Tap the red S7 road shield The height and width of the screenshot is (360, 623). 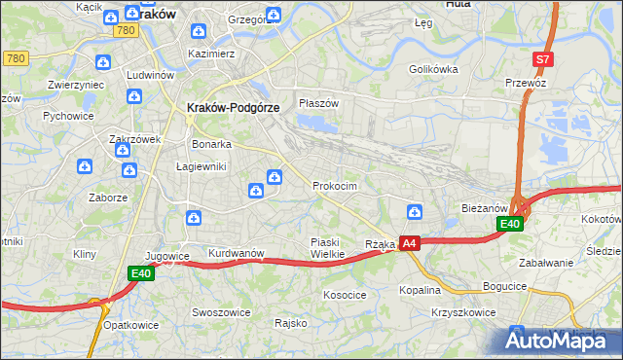point(543,59)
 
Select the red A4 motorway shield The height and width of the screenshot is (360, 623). point(410,243)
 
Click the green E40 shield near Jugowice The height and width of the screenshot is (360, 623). point(141,275)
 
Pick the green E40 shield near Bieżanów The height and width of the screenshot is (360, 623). point(510,224)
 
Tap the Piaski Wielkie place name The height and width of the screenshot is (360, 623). point(327,248)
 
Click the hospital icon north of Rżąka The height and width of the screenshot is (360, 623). point(415,212)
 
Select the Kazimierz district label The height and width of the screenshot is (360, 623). point(212,54)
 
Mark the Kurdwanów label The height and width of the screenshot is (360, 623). point(237,253)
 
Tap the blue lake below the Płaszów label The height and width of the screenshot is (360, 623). point(316,123)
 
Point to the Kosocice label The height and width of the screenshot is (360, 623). point(345,293)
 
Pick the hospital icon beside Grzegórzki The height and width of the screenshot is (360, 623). point(275,15)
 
